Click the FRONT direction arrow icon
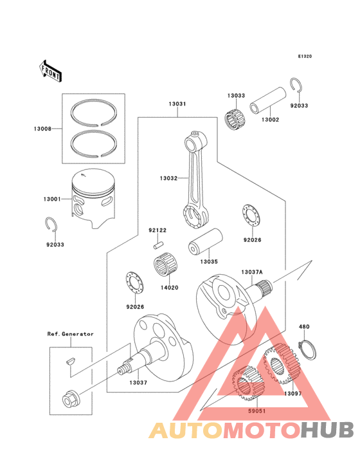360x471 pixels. coord(51,69)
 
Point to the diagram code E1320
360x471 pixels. coord(305,57)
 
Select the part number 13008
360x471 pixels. coord(43,129)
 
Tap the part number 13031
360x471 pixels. coord(177,104)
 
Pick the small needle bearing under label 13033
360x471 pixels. coord(236,119)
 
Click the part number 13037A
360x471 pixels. coord(254,273)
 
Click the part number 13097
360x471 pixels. coord(292,392)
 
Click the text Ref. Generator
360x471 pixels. coord(70,334)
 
